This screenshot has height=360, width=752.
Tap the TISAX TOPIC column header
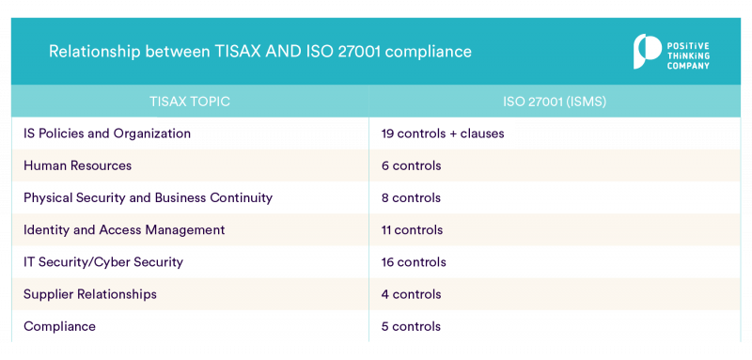click(189, 101)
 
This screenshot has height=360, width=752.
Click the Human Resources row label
click(77, 165)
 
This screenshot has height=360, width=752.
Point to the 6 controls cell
click(411, 165)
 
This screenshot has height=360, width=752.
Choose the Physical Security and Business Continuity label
click(148, 197)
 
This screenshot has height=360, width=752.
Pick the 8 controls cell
click(411, 197)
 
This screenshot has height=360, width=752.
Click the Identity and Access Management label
click(124, 229)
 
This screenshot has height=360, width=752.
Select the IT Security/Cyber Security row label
click(103, 262)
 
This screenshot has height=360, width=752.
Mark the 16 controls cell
click(414, 262)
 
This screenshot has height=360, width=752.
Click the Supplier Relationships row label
click(90, 294)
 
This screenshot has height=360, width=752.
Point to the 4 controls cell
click(411, 294)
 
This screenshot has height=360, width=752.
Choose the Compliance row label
click(59, 326)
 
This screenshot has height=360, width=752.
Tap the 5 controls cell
click(411, 326)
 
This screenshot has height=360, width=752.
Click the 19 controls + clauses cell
click(443, 133)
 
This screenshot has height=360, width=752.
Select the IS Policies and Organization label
click(107, 133)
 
